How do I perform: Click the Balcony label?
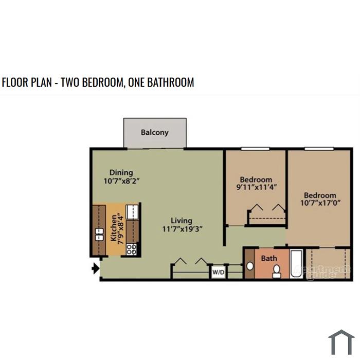click(154, 133)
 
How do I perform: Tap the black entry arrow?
click(96, 268)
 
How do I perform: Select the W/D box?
click(218, 272)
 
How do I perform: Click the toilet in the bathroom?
click(277, 272)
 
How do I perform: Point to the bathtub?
click(296, 264)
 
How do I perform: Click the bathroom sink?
click(250, 266)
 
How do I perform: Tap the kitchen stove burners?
click(132, 249)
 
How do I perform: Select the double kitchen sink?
click(99, 234)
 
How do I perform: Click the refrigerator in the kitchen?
click(132, 212)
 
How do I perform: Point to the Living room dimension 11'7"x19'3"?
click(182, 229)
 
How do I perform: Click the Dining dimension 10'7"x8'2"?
click(121, 181)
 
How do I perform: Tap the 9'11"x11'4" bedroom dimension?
click(256, 187)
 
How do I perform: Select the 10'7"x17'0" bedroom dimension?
click(320, 203)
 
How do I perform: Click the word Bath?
click(269, 258)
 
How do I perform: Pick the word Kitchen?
click(114, 228)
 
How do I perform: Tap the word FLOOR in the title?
click(14, 82)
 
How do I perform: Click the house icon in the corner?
click(341, 343)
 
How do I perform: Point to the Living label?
click(182, 221)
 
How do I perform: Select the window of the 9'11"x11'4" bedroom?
click(255, 149)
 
